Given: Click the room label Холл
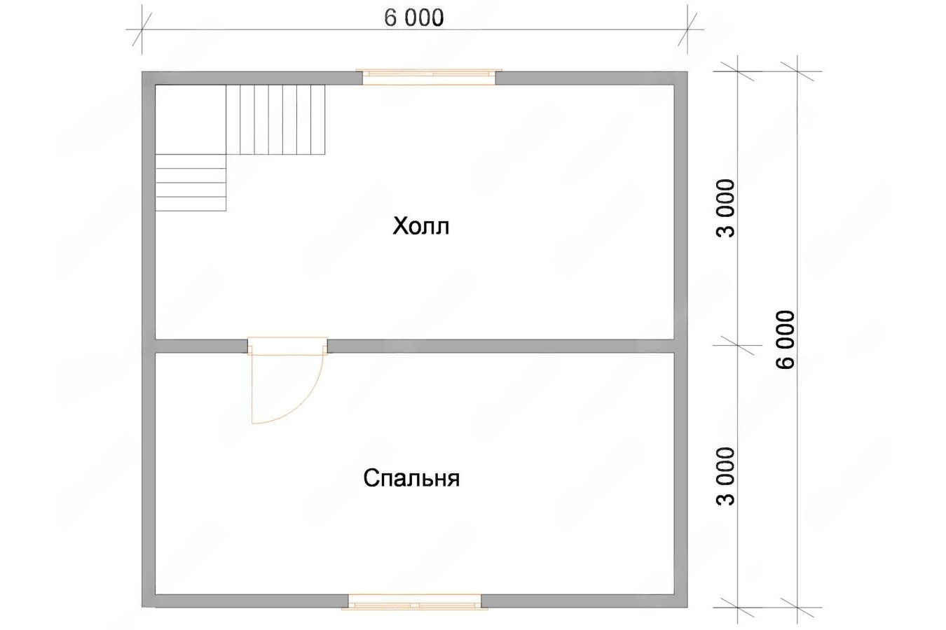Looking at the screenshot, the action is [x=420, y=227].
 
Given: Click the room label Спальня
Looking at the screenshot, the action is [x=411, y=478].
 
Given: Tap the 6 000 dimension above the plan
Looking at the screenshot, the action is [x=414, y=18].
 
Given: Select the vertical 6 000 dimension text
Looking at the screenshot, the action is [x=786, y=339].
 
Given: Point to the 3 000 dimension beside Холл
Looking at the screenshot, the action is [x=727, y=209].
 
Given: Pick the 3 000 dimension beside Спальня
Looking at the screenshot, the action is [x=727, y=476].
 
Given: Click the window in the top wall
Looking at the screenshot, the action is [x=429, y=77].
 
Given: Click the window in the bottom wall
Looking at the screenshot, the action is [x=415, y=601].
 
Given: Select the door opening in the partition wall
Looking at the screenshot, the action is [x=287, y=346].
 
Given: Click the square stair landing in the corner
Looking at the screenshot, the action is [x=191, y=120].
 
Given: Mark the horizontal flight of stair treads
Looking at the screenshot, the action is [x=275, y=120].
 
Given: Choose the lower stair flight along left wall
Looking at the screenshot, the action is [x=191, y=183].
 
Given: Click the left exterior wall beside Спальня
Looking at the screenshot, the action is [x=149, y=472].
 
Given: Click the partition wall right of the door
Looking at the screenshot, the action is [x=500, y=346].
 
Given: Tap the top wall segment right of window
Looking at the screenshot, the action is [x=591, y=78].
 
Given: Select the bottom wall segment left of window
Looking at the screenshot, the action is [x=245, y=601].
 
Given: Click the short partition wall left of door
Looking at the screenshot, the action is [x=201, y=346].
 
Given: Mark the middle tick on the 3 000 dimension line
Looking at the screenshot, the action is [x=737, y=345].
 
